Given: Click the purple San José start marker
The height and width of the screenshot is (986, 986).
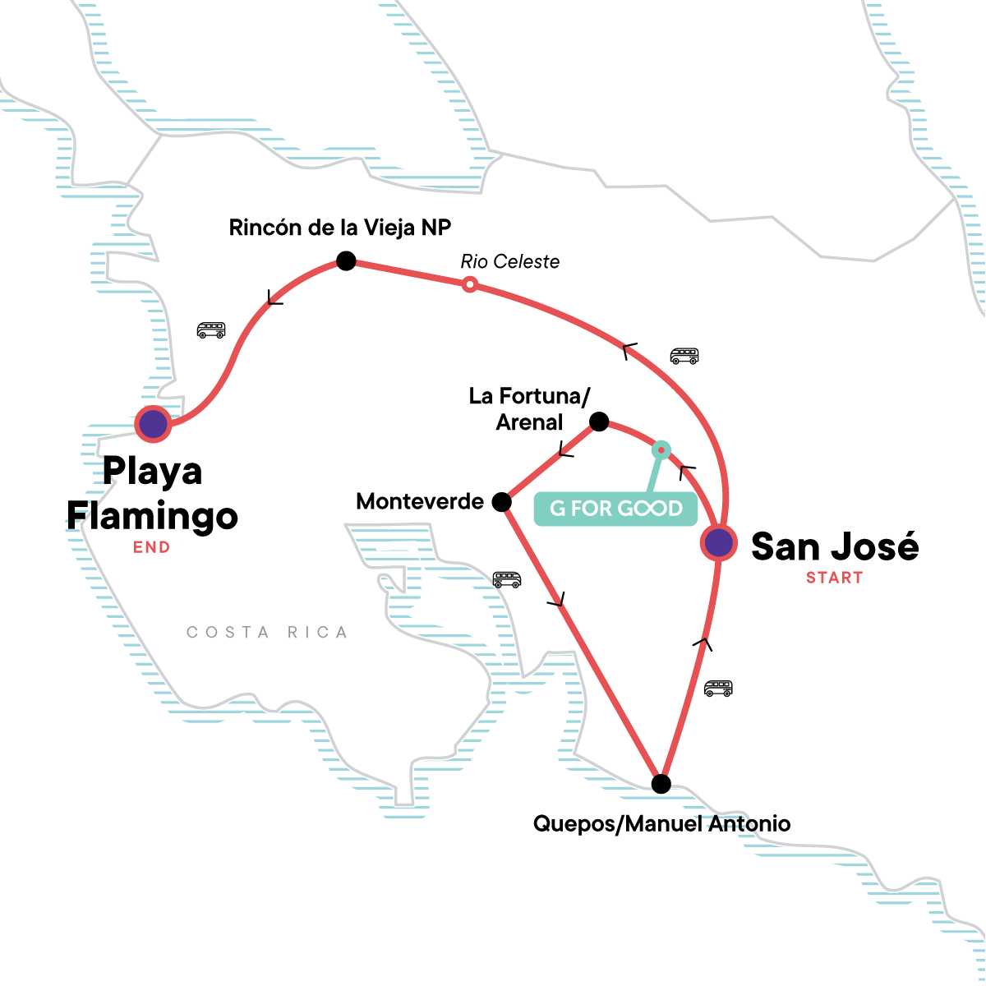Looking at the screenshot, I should [718, 543].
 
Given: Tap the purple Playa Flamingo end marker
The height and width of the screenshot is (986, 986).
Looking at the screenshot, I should [154, 424].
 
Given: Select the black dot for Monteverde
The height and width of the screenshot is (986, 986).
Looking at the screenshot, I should [501, 501].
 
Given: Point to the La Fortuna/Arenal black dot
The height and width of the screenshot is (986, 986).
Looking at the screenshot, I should [599, 422].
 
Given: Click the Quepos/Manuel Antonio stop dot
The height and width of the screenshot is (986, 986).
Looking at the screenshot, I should [661, 784].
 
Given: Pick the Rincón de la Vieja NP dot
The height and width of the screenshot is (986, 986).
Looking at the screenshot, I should [346, 261].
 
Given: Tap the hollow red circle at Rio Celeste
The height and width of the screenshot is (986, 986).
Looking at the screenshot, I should [469, 285].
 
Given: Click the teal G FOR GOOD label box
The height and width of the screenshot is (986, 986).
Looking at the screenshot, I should [615, 509].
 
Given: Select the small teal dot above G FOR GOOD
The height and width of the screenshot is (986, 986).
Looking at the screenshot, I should [661, 450].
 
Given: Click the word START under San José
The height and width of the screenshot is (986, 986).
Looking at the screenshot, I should [834, 578].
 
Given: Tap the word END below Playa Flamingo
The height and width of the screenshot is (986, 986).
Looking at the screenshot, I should [152, 547].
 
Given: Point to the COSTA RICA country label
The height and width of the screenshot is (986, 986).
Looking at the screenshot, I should [267, 632].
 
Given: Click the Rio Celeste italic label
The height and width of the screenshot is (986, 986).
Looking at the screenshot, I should [509, 262].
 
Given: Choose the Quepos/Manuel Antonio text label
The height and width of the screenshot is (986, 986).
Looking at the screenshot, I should [661, 823].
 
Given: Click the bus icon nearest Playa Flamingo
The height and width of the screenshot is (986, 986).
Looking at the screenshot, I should [211, 330].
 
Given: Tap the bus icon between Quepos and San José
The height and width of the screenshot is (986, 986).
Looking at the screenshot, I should [718, 688].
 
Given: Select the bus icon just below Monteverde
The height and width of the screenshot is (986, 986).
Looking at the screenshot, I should [506, 579].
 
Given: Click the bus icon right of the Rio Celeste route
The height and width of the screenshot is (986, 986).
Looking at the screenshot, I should [684, 356].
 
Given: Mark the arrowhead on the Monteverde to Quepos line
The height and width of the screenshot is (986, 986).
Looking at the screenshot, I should [557, 600].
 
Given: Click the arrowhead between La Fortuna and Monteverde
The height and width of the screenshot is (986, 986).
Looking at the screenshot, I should [564, 450].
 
